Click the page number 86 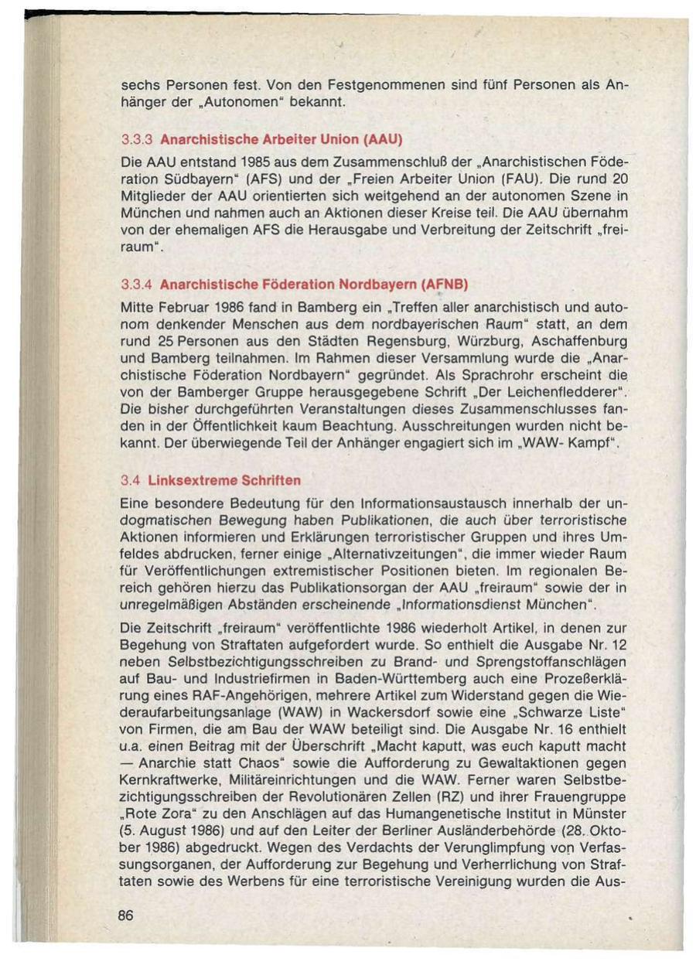click(126, 915)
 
